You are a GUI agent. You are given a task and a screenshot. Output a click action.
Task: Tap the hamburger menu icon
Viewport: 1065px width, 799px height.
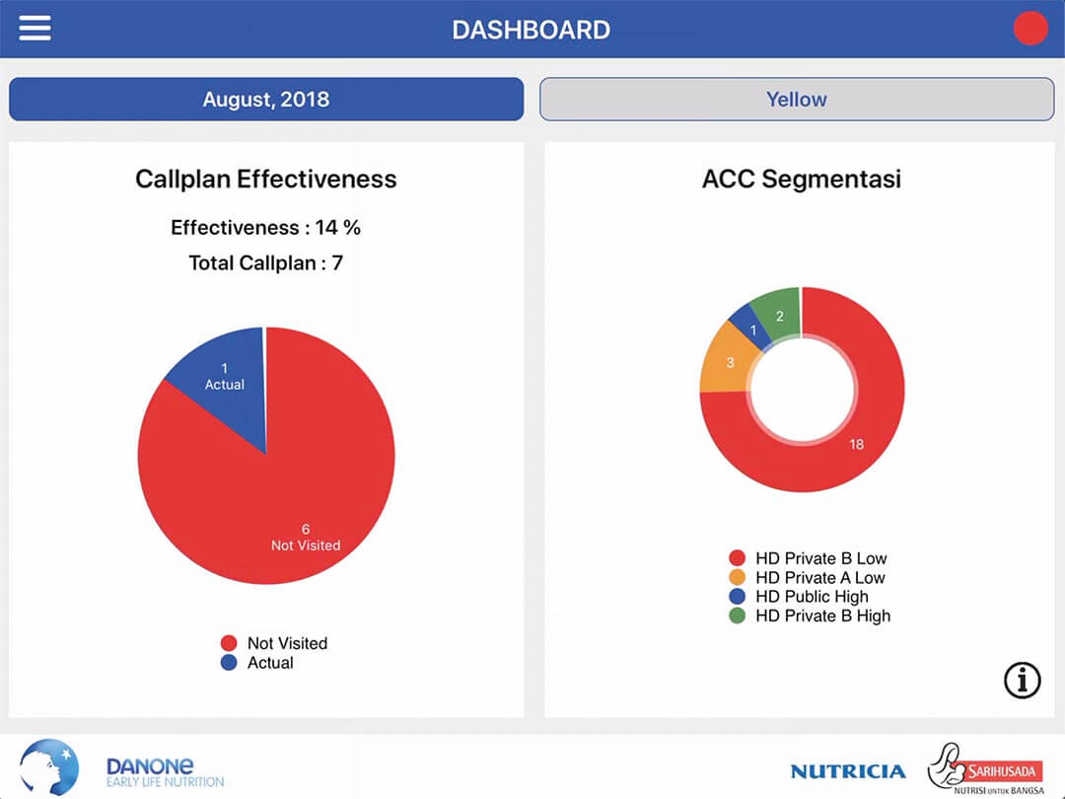click(35, 29)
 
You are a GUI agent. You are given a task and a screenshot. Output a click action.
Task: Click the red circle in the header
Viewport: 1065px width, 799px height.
click(1030, 29)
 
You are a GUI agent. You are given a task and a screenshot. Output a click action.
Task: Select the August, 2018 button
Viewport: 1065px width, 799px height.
click(266, 100)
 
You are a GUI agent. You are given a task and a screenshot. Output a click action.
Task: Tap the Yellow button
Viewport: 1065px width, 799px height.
click(797, 100)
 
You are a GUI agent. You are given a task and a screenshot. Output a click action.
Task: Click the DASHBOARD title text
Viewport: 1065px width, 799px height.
click(531, 30)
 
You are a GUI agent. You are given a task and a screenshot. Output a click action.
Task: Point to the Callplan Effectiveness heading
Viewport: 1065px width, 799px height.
click(266, 179)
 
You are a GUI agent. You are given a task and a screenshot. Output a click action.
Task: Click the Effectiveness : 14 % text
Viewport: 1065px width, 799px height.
click(266, 228)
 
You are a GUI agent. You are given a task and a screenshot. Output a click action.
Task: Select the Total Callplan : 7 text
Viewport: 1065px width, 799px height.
click(266, 263)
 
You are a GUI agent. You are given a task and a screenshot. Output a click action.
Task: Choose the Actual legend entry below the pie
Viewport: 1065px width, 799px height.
click(257, 663)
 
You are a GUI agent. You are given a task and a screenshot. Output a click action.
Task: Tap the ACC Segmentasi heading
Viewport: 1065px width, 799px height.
click(801, 179)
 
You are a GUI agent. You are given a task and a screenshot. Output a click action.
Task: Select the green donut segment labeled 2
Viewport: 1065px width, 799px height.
click(777, 314)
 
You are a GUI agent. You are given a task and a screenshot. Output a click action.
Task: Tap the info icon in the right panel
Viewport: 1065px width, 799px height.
click(1023, 680)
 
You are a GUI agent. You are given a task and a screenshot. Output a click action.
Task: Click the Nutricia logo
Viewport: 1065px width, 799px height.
click(847, 771)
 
